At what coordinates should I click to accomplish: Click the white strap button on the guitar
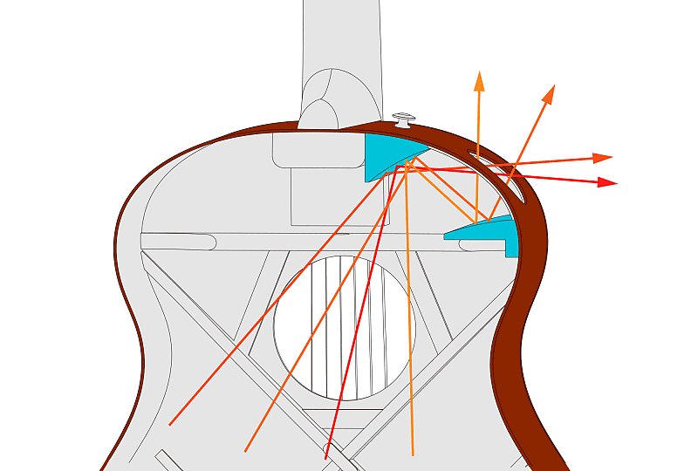[402, 119]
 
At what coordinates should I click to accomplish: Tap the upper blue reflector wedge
[384, 155]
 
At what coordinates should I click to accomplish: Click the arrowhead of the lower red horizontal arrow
[609, 183]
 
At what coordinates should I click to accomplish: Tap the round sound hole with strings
[345, 328]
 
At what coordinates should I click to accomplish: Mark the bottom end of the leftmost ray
[169, 425]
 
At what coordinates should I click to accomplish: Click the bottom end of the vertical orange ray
[412, 454]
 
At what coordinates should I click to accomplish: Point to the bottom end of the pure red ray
[325, 457]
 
